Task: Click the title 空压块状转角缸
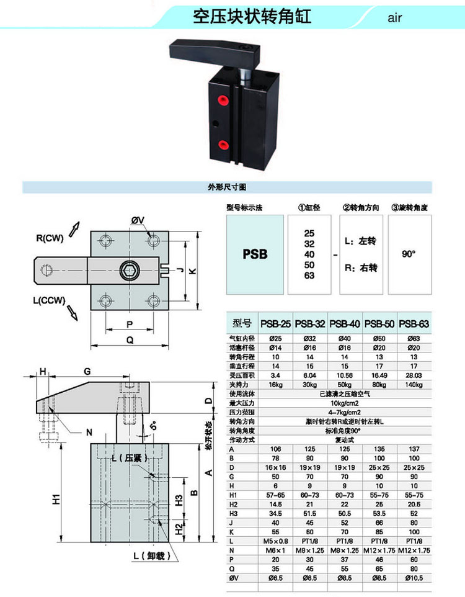252,16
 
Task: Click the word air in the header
395,17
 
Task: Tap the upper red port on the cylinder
222,101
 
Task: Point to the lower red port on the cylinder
222,145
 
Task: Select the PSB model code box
255,254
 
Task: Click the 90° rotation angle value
409,254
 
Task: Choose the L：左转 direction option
365,240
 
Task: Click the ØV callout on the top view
138,220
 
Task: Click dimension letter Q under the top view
130,339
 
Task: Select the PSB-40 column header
345,323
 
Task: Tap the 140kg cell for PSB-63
414,385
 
